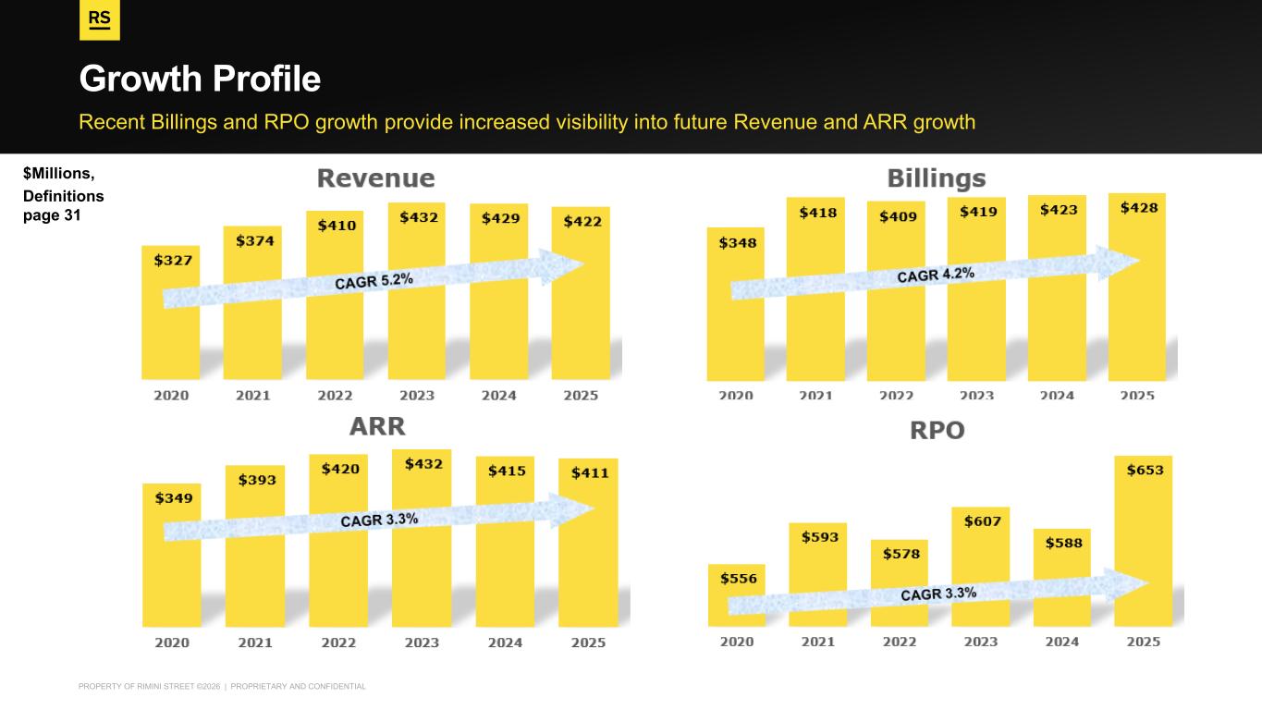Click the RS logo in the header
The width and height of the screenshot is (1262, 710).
[100, 21]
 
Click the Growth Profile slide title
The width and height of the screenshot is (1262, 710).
[200, 80]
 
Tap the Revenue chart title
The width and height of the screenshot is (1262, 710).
[375, 177]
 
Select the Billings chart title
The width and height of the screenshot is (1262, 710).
[937, 177]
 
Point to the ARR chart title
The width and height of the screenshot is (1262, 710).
[377, 426]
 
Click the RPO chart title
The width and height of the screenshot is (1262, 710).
[937, 430]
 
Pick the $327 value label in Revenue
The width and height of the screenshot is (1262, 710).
[173, 260]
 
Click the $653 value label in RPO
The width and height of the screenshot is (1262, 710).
[1145, 470]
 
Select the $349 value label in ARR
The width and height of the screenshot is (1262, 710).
[173, 497]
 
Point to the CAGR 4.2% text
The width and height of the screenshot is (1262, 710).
[935, 274]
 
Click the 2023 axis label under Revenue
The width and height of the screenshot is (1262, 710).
[417, 395]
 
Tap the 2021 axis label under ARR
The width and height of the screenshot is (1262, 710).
[255, 642]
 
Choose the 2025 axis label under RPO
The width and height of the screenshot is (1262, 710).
[1144, 642]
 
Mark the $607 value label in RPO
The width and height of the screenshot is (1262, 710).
[980, 521]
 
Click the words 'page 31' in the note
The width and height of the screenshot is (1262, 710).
[52, 215]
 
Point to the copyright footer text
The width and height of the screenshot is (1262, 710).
[223, 686]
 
